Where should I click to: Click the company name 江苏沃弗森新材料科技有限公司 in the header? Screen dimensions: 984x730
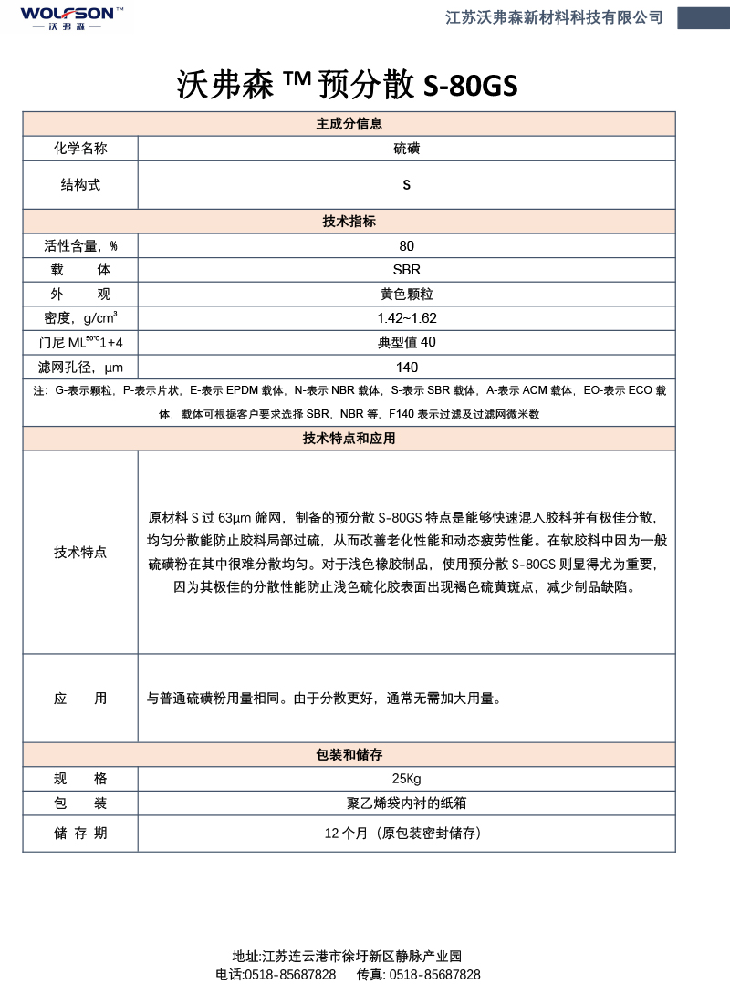point(554,17)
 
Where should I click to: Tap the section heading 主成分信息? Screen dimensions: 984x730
point(349,124)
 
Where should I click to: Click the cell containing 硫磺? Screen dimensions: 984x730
point(406,149)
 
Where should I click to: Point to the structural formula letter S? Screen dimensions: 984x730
point(406,185)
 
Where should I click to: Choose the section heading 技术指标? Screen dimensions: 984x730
point(349,222)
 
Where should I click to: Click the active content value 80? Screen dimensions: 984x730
point(406,246)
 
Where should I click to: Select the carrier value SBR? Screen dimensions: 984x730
point(406,270)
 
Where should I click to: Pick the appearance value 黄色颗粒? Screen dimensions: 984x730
point(406,295)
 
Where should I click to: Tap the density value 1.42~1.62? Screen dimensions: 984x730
point(406,318)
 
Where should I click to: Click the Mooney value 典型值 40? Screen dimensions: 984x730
point(406,342)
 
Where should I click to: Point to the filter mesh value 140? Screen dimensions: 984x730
point(406,367)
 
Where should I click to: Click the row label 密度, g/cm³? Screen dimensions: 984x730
point(80,318)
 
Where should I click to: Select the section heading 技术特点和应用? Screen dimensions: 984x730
point(349,439)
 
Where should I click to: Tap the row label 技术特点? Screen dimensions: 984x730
point(80,553)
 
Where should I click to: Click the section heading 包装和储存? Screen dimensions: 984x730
point(349,755)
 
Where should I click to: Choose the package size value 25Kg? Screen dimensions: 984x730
point(406,779)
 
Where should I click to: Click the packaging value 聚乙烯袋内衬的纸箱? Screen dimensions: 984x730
point(406,803)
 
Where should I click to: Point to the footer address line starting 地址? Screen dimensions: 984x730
point(348,957)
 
